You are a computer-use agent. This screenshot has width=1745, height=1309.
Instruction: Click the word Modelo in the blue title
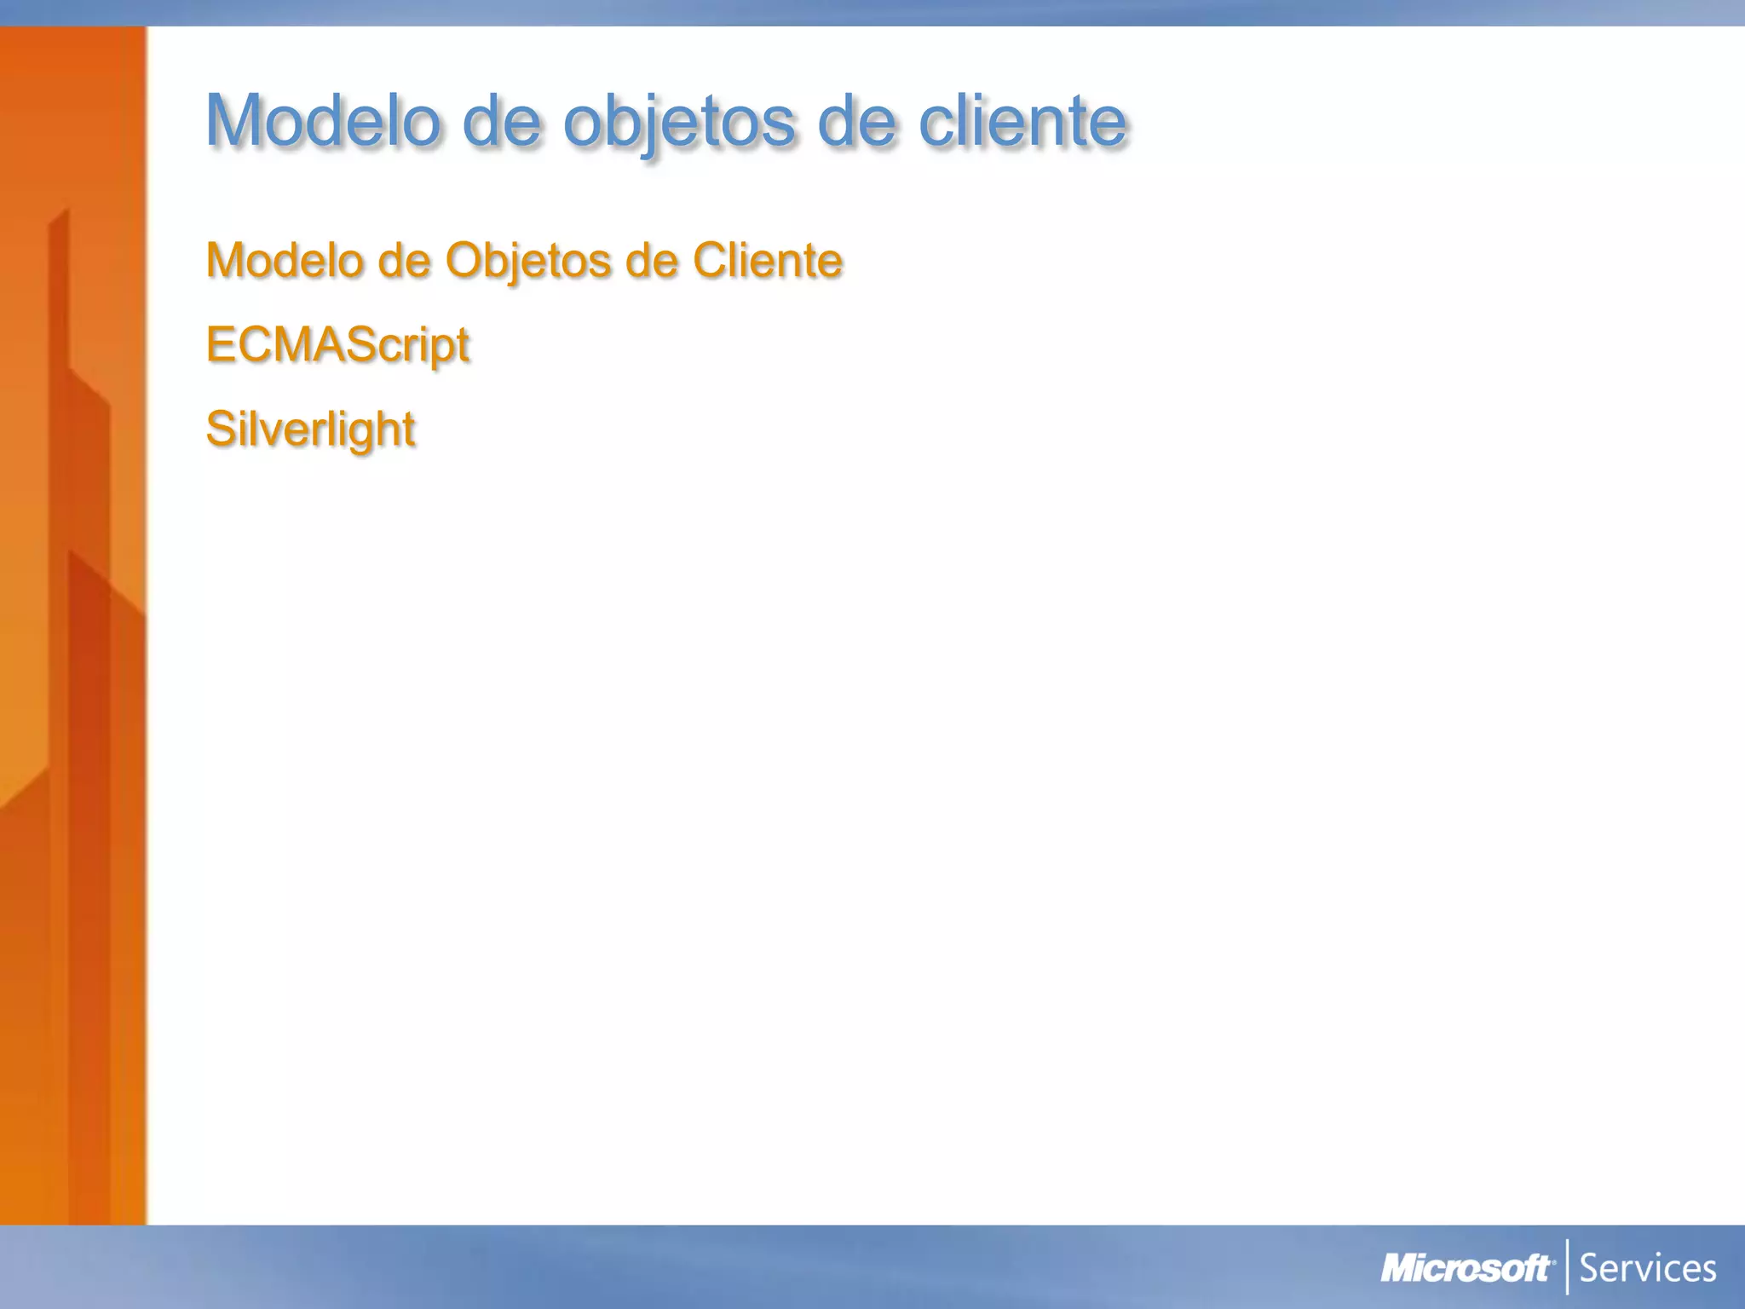[x=324, y=121]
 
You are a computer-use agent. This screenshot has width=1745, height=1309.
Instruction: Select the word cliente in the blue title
[x=1022, y=121]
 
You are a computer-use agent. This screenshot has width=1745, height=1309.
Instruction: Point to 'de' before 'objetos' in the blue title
[x=502, y=121]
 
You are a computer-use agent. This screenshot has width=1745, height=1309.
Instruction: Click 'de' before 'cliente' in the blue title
[x=856, y=121]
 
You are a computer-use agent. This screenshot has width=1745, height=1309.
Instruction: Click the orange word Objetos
[x=528, y=260]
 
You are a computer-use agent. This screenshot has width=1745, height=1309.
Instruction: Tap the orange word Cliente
[x=768, y=260]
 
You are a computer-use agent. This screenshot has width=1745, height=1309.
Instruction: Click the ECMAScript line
[x=337, y=344]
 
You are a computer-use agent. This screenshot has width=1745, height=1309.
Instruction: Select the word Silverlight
[x=310, y=428]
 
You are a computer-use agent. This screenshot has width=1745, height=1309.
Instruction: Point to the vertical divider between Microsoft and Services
[x=1567, y=1267]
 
